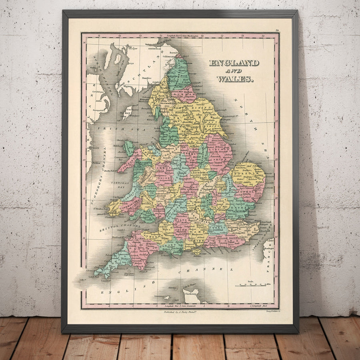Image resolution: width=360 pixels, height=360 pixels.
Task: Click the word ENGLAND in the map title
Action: click(234, 63)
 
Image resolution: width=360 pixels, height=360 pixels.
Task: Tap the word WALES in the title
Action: click(235, 79)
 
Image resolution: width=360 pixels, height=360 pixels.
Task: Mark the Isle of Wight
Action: click(196, 252)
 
